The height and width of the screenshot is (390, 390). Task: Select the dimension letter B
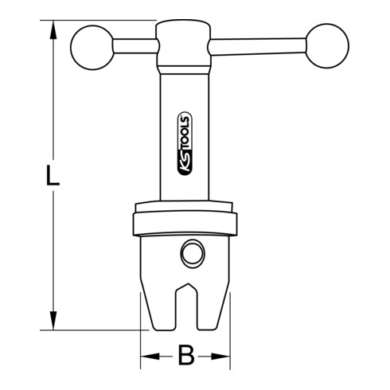tap(185, 356)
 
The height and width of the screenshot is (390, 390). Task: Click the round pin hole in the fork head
tap(192, 255)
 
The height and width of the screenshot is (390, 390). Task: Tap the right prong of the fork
tap(213, 306)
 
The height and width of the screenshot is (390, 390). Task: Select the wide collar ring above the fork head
tap(185, 220)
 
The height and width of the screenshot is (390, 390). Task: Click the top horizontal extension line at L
tap(103, 21)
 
